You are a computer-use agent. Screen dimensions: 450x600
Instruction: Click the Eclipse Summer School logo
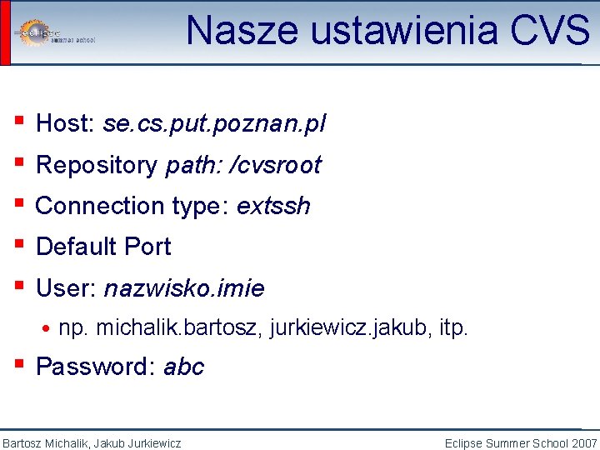pyautogui.click(x=54, y=32)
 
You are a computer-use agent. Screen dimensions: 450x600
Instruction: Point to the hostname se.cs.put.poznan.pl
pyautogui.click(x=214, y=124)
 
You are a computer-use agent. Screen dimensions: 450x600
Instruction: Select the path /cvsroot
pyautogui.click(x=279, y=165)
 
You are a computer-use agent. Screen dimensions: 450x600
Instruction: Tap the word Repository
pyautogui.click(x=96, y=165)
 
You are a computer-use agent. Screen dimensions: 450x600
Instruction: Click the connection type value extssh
pyautogui.click(x=273, y=206)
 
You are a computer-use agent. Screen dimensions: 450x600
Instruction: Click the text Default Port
pyautogui.click(x=103, y=247)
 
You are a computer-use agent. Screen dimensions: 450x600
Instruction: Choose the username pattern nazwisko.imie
pyautogui.click(x=184, y=289)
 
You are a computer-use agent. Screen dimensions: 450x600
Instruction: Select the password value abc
pyautogui.click(x=183, y=367)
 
